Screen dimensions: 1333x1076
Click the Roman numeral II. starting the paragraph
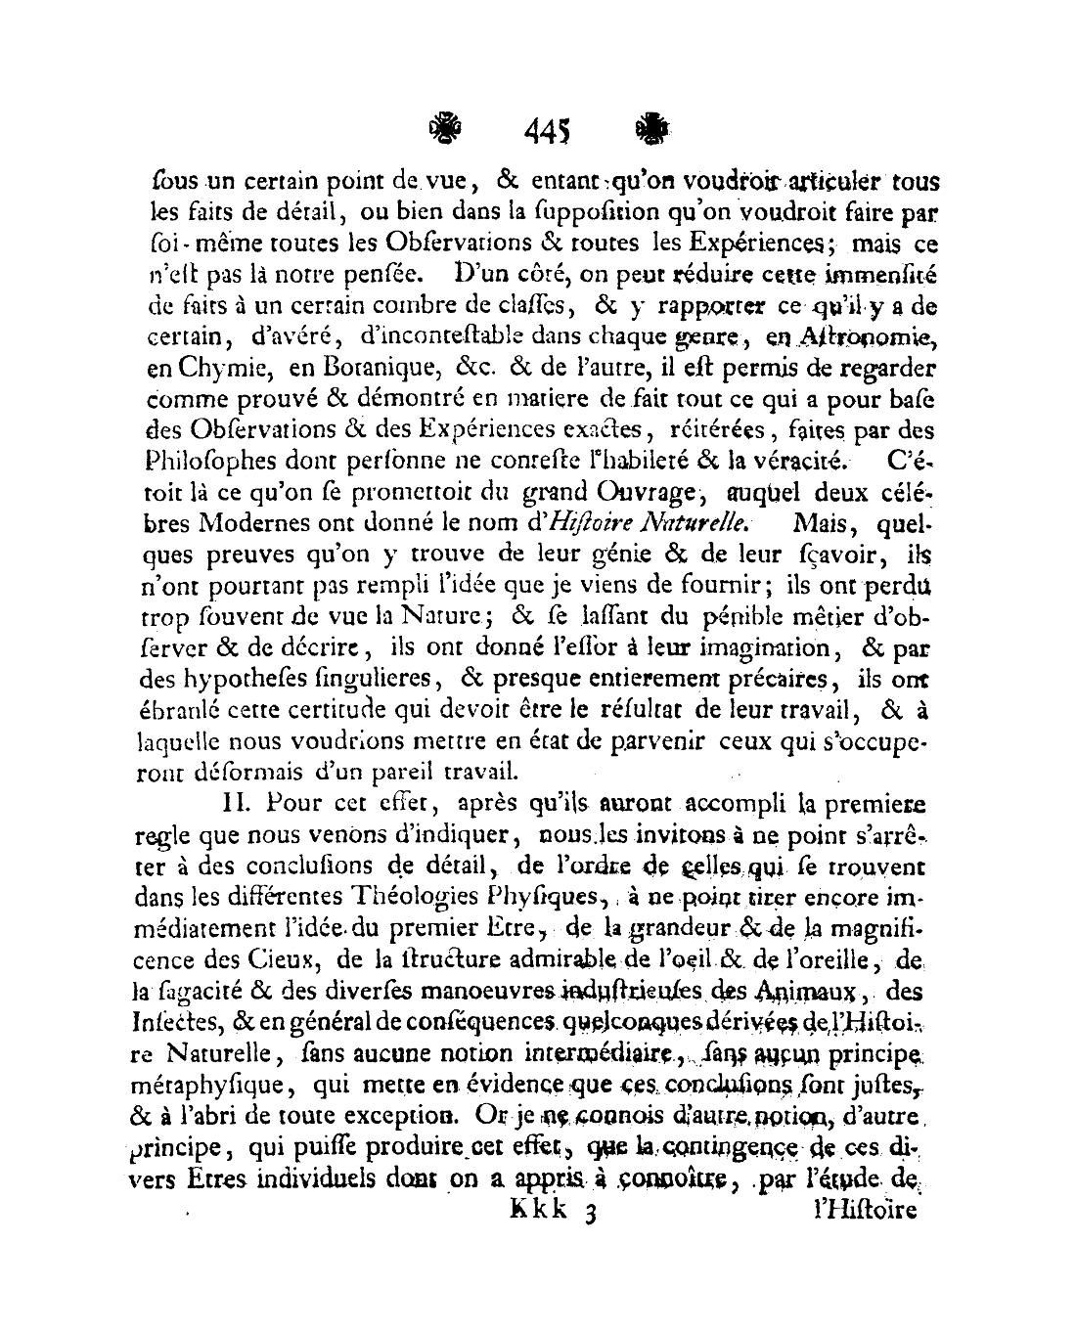pyautogui.click(x=239, y=805)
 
